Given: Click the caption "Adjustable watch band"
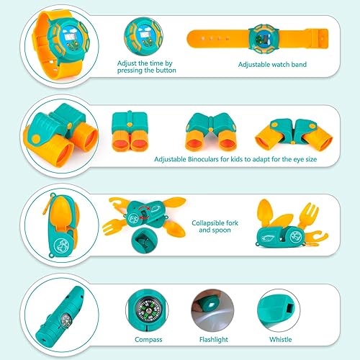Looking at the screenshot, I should coord(272,64).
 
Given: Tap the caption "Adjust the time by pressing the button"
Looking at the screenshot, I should coord(146,67).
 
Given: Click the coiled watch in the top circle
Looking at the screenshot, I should coord(59,43).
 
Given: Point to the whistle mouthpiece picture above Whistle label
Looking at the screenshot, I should coord(279,307).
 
